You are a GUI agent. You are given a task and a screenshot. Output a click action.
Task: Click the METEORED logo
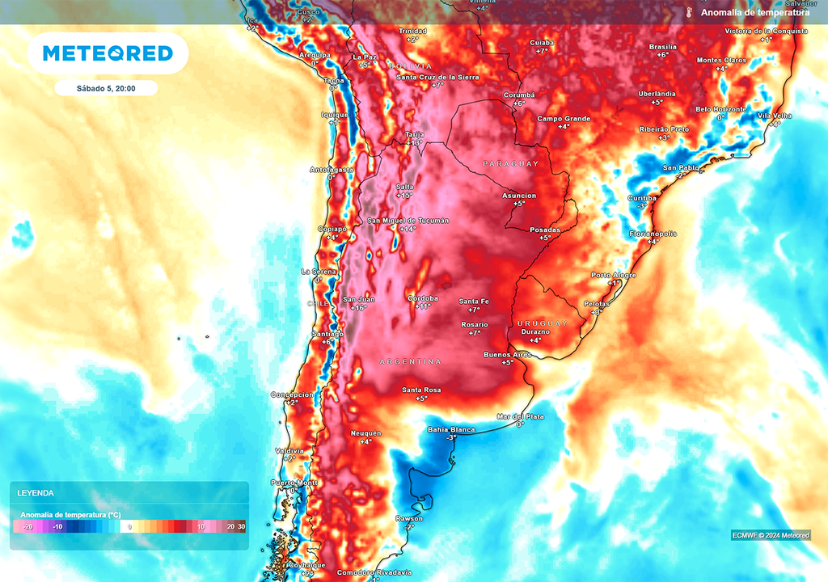[108, 53]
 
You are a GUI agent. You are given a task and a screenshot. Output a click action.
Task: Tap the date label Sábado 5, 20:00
[106, 88]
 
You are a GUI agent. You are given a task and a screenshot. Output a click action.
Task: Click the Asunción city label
[519, 196]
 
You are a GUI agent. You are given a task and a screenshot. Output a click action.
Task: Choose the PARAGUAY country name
[510, 164]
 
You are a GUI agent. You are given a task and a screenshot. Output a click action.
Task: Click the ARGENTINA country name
[411, 361]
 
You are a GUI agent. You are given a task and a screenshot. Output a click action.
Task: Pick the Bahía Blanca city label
[451, 429]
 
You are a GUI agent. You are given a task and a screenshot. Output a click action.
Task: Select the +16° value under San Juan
[358, 308]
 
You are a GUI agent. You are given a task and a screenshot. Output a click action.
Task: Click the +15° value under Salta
[404, 196]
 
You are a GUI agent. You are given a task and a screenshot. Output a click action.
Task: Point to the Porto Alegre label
[613, 275]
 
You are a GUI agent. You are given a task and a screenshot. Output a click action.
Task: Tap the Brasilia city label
[663, 47]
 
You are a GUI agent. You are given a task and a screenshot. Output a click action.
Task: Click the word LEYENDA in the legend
[36, 492]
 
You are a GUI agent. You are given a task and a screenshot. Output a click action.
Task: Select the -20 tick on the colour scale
[27, 527]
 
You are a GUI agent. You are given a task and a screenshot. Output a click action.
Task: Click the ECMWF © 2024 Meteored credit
[771, 535]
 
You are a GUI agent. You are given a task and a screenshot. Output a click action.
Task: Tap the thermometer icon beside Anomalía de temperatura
[689, 13]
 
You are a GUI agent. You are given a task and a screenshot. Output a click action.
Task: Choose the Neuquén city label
[365, 433]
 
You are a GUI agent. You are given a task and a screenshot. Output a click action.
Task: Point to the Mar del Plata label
[520, 416]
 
